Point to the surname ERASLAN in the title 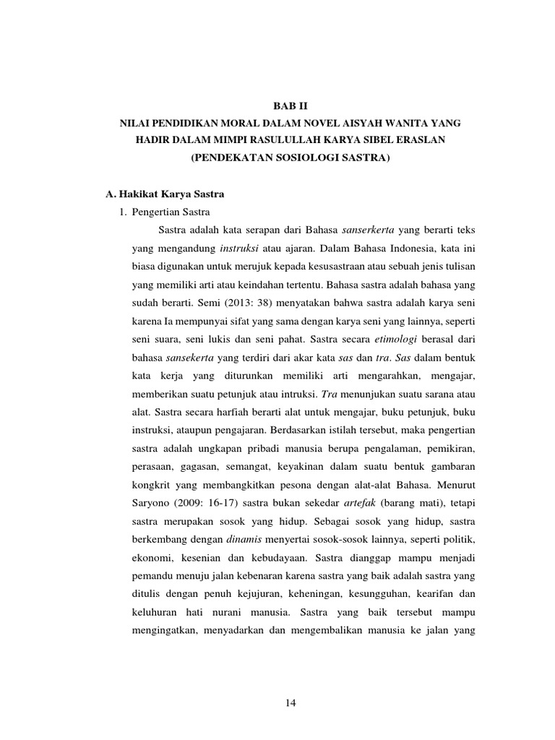click(418, 142)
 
